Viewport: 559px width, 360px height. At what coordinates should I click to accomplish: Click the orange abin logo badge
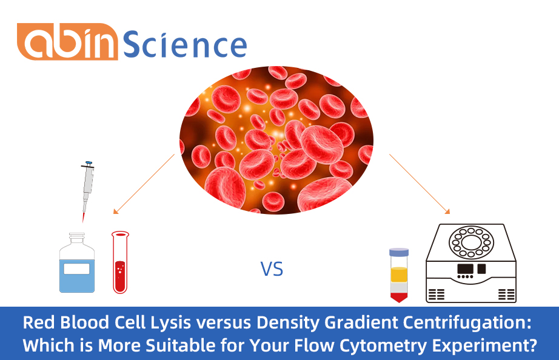(67, 42)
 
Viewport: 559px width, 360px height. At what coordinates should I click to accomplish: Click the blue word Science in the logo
(185, 44)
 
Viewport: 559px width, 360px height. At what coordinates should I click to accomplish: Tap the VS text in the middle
(272, 268)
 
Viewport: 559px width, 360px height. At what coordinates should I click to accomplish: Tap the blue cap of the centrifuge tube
(399, 251)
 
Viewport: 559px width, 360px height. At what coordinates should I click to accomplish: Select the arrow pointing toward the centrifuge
(420, 184)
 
